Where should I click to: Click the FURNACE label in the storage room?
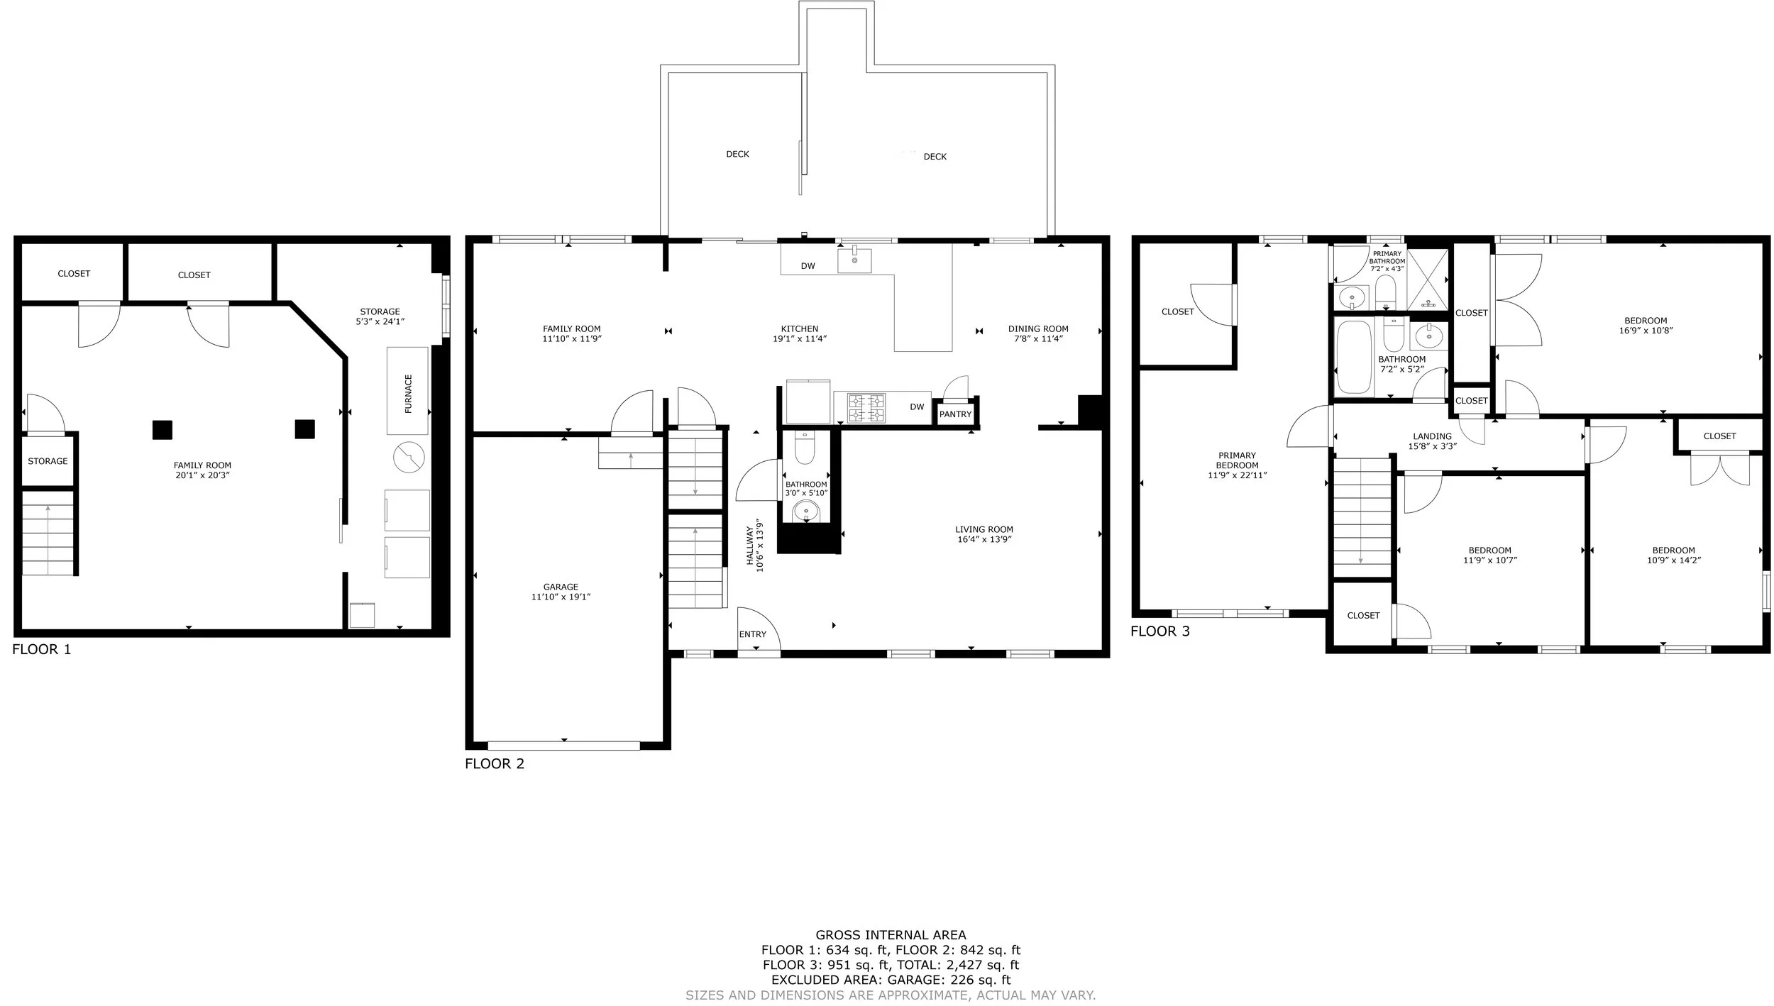[408, 394]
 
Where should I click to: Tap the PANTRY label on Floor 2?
[955, 414]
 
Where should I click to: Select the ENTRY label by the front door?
[753, 634]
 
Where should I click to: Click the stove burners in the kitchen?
[866, 408]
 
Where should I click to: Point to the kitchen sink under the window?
[854, 261]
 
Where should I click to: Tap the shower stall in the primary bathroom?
[1428, 280]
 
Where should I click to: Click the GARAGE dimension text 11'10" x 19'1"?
[561, 597]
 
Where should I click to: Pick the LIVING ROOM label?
[984, 529]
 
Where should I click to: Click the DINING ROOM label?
[1038, 328]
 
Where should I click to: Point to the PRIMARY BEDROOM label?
[1237, 460]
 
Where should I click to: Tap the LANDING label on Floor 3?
[1432, 436]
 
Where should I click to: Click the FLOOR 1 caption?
[42, 649]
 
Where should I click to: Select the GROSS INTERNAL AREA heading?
[891, 935]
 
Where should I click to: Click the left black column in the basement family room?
[162, 430]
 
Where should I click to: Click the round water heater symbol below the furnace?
[409, 458]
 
